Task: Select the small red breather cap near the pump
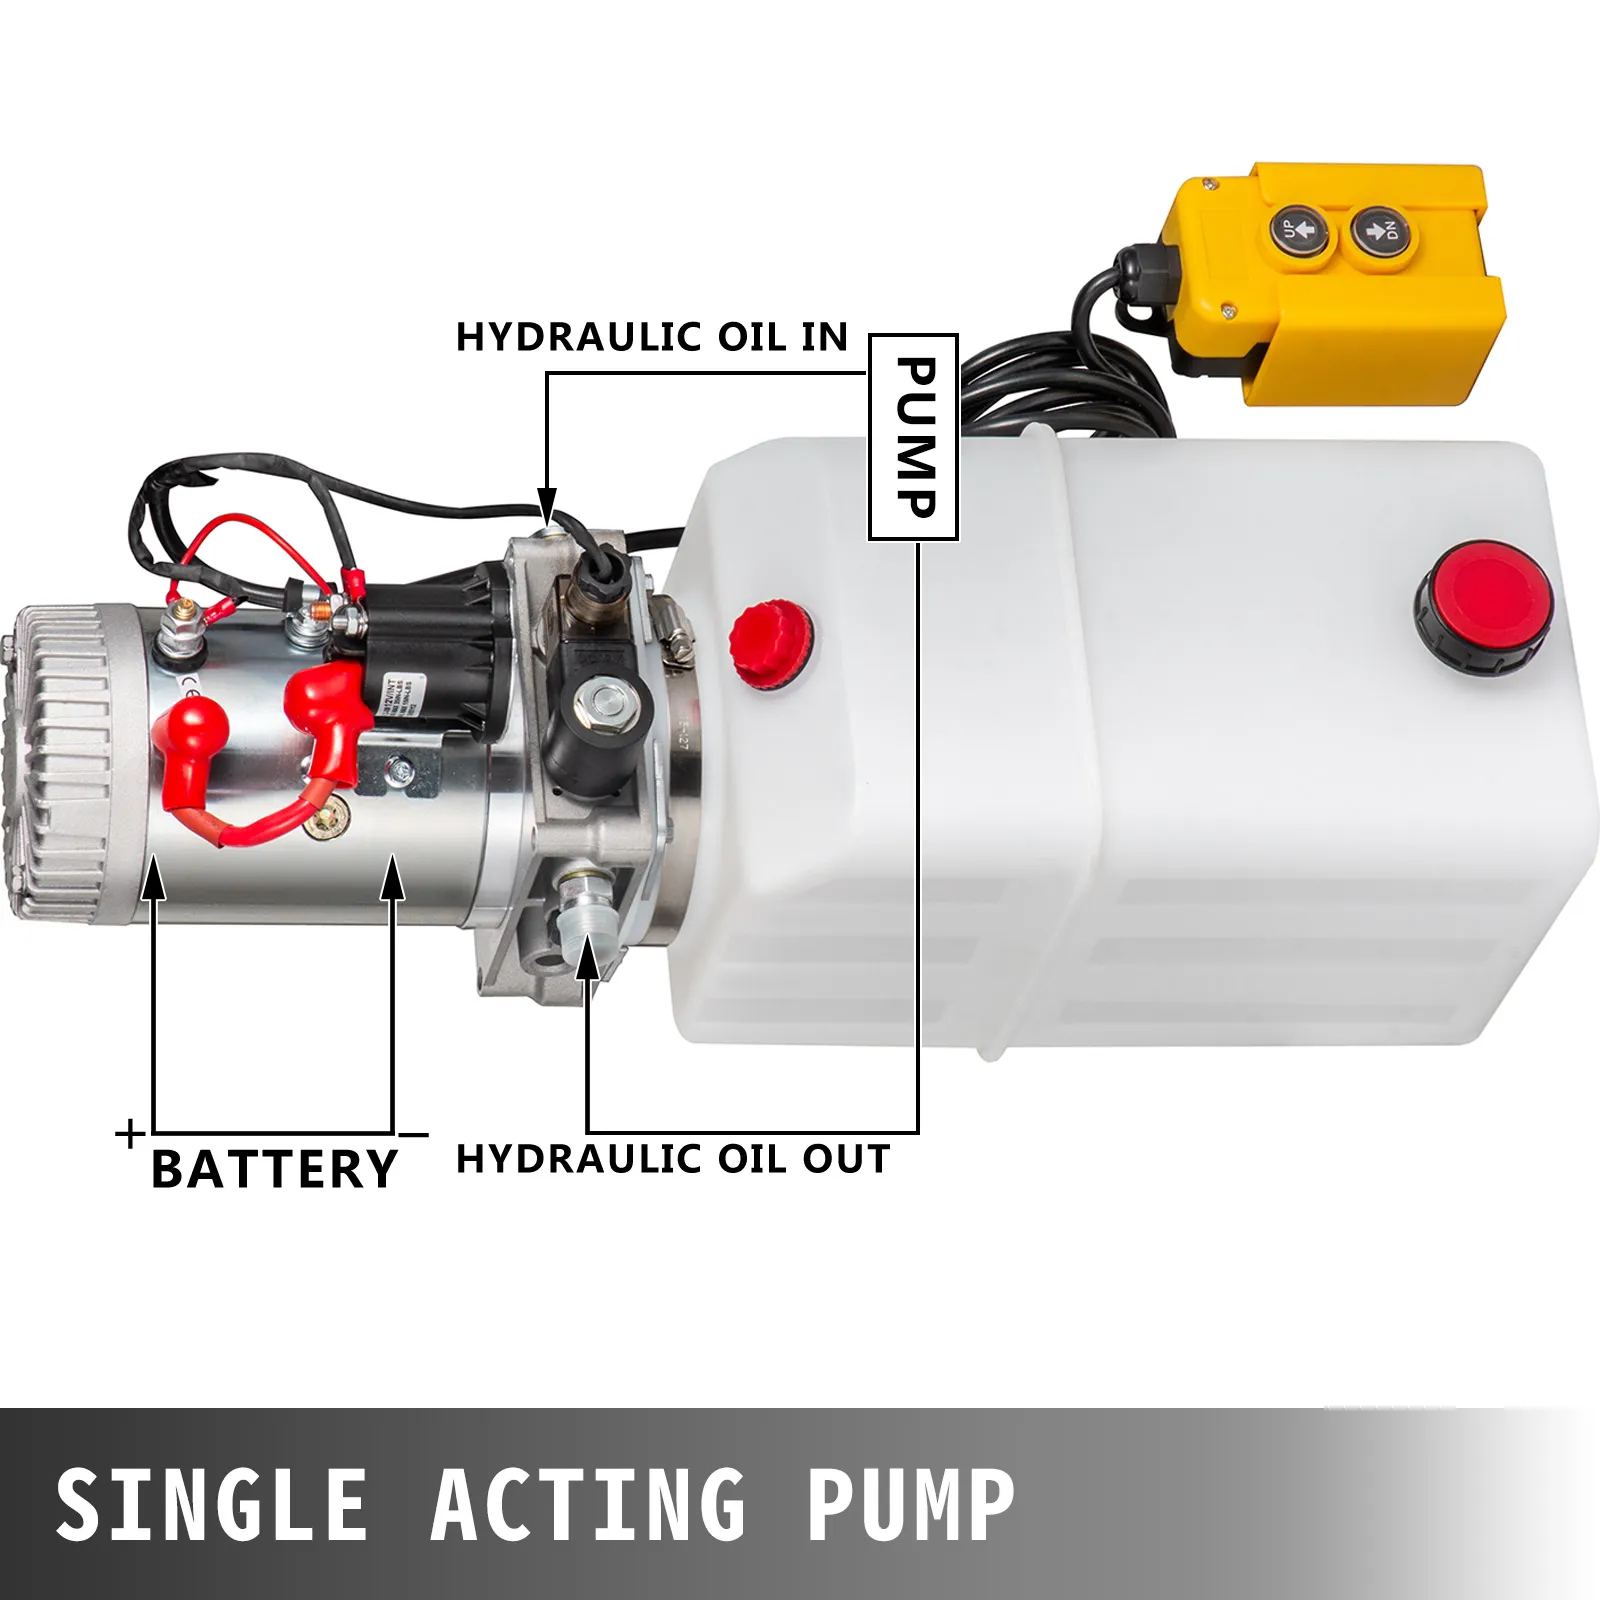[x=770, y=644]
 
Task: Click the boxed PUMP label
[x=913, y=437]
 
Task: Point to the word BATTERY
[x=274, y=1169]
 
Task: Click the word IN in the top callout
[x=824, y=337]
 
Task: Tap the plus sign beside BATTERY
[x=130, y=1133]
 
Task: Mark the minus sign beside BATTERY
[x=413, y=1135]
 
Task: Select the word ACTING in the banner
[x=588, y=1504]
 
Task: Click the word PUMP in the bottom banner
[x=910, y=1504]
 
